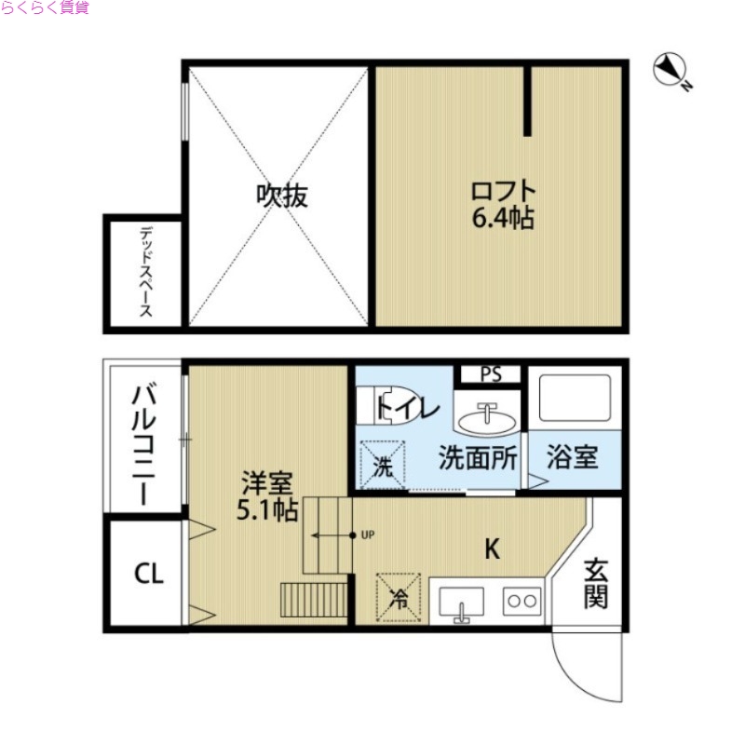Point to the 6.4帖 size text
(503, 221)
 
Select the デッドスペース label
(146, 273)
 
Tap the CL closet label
(147, 574)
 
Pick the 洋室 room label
(267, 483)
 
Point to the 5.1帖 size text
(267, 510)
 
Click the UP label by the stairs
(367, 535)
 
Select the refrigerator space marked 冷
(398, 597)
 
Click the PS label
(491, 374)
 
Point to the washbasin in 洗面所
(488, 419)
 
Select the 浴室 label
(572, 458)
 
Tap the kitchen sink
(460, 603)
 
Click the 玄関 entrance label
(596, 584)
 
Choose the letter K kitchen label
(491, 549)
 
